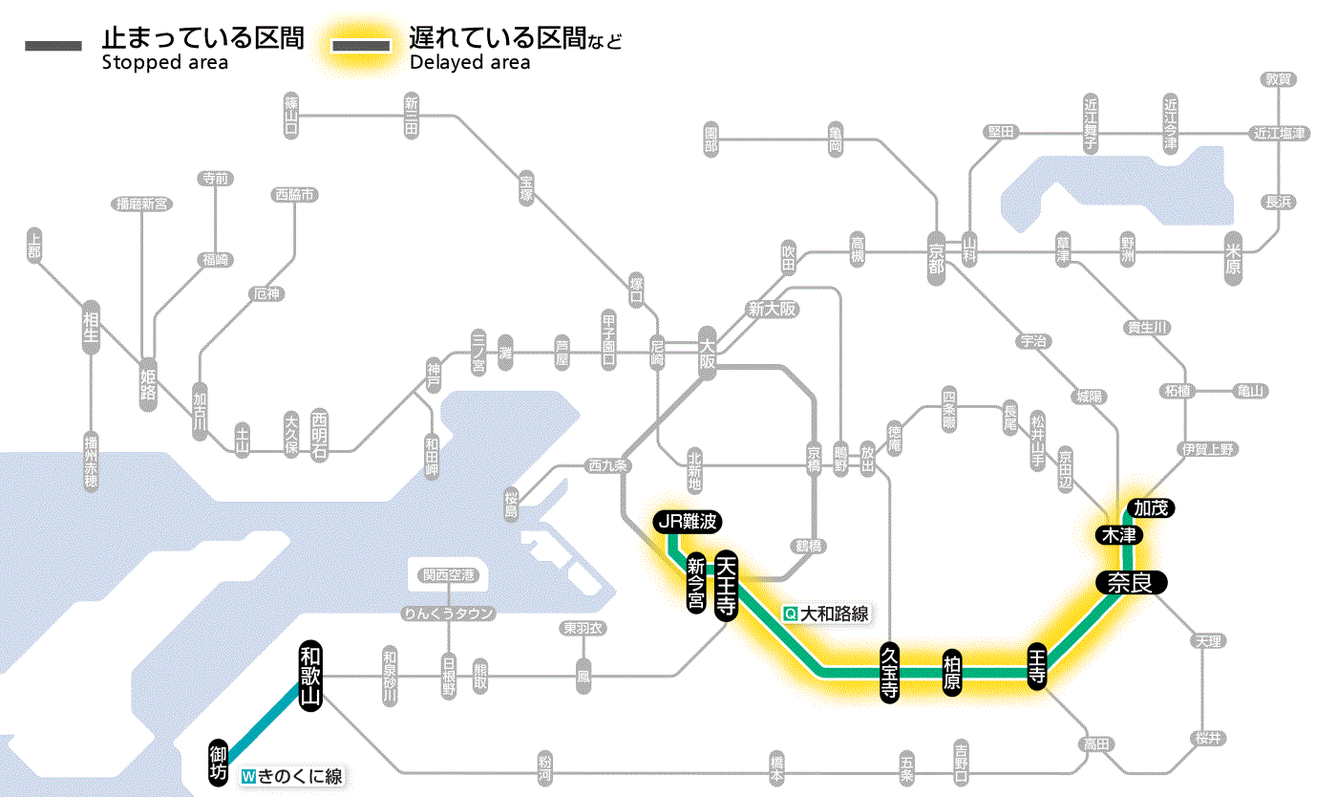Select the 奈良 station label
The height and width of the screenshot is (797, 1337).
[x=1130, y=582]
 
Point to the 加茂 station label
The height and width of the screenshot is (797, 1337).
[x=1149, y=507]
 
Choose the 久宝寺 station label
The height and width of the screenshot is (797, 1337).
[x=888, y=674]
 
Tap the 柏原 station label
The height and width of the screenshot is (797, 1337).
[x=951, y=674]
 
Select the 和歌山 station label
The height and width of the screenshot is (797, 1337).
[x=308, y=674]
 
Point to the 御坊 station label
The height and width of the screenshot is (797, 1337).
[x=218, y=761]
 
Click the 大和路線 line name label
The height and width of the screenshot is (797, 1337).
[x=834, y=614]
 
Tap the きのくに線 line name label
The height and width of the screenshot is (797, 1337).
[x=299, y=777]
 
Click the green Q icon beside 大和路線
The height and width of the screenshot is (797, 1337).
[x=790, y=614]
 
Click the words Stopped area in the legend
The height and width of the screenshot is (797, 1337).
[x=164, y=63]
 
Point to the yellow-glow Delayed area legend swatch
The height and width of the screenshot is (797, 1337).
[x=361, y=46]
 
